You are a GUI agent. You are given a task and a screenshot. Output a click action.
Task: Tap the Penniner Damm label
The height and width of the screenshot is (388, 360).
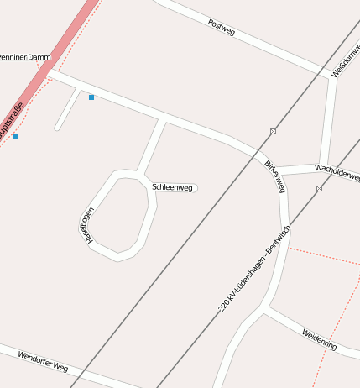point(25,57)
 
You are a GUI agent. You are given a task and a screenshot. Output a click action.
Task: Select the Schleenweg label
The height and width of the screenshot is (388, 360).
point(172,187)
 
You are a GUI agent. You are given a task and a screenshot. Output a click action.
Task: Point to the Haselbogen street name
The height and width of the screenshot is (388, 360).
point(86,226)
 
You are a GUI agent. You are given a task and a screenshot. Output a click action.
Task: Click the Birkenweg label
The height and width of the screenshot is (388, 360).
point(274,176)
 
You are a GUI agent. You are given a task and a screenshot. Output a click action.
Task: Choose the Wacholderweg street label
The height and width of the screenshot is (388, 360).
point(337,173)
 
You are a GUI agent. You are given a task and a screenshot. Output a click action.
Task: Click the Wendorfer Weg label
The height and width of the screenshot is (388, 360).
point(42,361)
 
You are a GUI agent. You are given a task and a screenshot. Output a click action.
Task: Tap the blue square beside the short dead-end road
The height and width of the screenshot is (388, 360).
point(91,98)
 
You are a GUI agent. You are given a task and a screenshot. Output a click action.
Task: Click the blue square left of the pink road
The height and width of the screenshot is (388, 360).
point(15,136)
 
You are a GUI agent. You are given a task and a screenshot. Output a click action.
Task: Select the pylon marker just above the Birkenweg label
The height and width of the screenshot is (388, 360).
point(273,131)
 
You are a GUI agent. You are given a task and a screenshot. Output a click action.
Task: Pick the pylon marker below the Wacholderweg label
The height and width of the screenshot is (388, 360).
point(319,189)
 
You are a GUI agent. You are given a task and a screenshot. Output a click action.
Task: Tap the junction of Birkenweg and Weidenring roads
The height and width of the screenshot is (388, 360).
point(267,308)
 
